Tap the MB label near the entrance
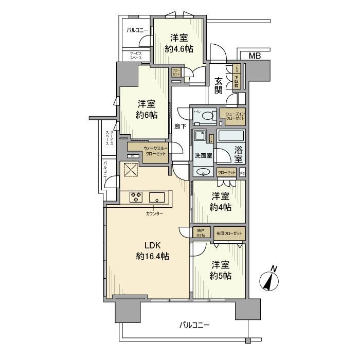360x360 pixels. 255,55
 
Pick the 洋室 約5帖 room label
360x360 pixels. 220,271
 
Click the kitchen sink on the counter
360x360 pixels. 156,197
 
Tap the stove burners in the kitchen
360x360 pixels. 136,196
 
